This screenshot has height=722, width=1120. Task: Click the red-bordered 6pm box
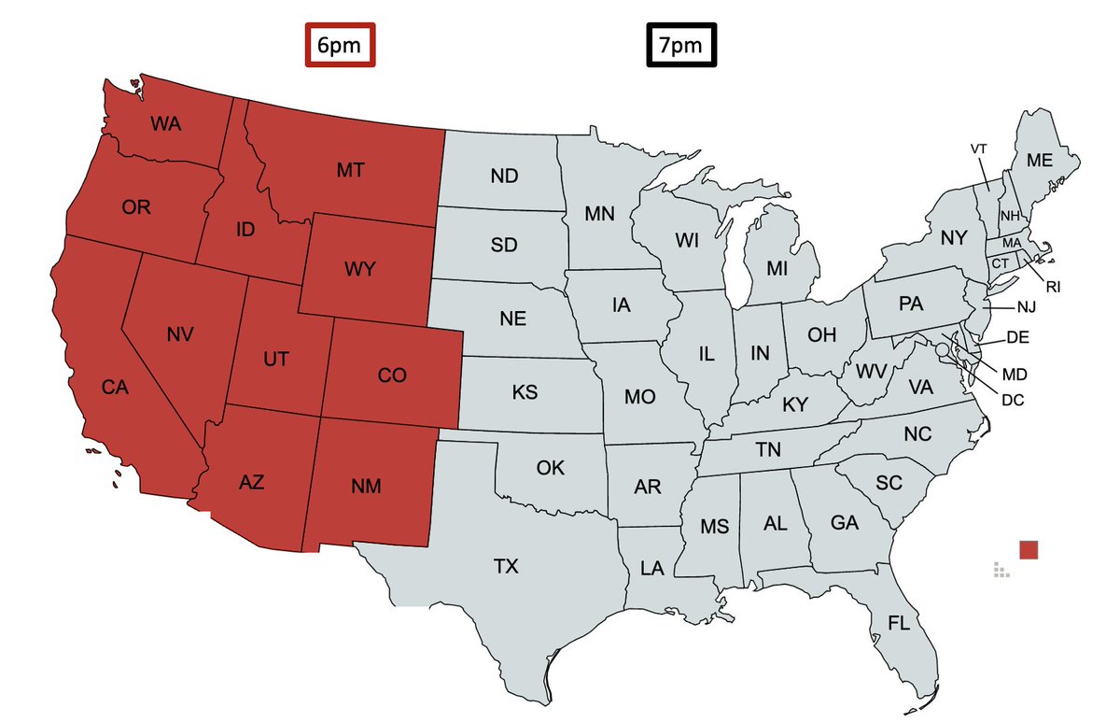point(341,46)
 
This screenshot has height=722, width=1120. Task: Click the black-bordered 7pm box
point(682,46)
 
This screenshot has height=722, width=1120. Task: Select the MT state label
point(350,170)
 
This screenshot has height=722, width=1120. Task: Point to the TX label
point(506,566)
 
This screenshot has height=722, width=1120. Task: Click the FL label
point(899,624)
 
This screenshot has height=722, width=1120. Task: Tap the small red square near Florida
point(1029,549)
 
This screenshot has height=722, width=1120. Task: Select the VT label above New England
point(979,149)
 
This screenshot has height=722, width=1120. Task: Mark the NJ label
point(1027,306)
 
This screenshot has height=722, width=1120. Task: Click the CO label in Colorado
point(392,375)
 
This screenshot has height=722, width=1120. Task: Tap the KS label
point(525,392)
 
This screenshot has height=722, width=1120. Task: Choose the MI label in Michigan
point(777,269)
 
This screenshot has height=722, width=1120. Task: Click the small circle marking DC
point(944,349)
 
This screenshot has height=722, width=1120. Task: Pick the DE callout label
point(1017,337)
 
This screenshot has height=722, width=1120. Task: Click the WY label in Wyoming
point(359,270)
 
